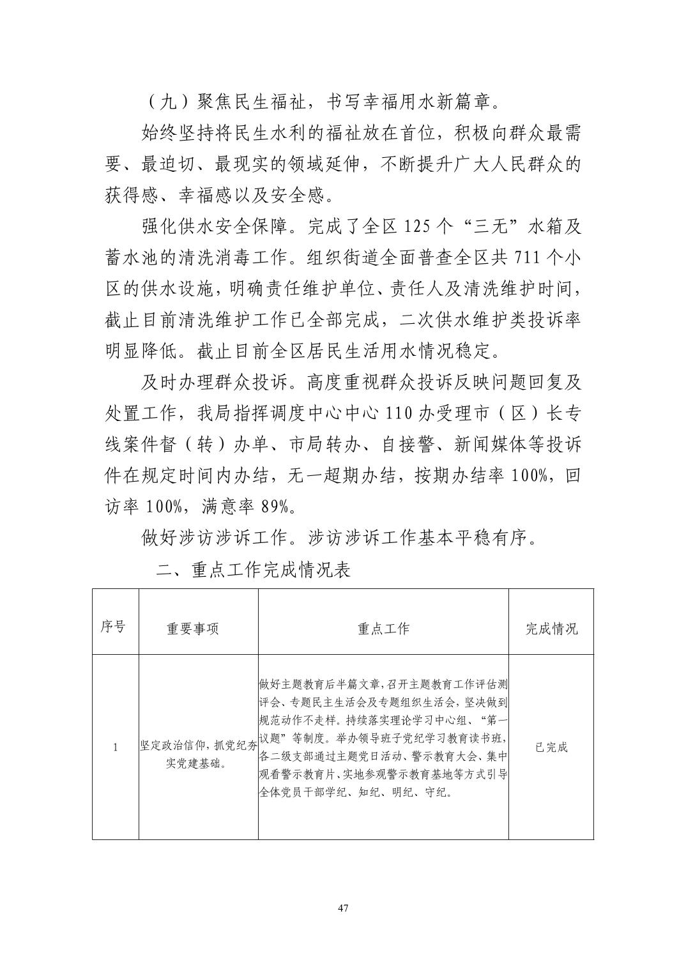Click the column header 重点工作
[x=383, y=629]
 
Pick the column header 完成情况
[x=551, y=629]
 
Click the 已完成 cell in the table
[x=551, y=747]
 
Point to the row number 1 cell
[x=115, y=747]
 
